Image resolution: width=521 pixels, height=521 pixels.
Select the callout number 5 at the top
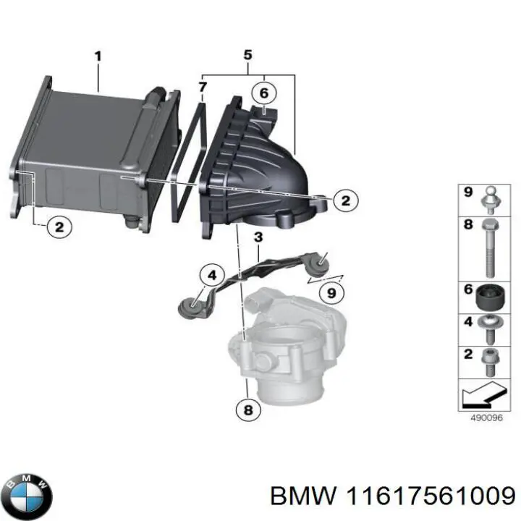(x=247, y=54)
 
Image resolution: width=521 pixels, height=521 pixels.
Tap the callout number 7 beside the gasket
(x=203, y=88)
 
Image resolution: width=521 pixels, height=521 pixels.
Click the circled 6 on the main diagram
(x=264, y=93)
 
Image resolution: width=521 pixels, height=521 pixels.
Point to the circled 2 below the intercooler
(x=59, y=227)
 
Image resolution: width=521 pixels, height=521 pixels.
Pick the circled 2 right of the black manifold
(x=345, y=200)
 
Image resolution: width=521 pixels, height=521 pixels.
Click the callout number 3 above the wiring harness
(x=258, y=237)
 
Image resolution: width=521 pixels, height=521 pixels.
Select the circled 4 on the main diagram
(x=212, y=275)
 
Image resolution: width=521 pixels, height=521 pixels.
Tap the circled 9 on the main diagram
(x=331, y=293)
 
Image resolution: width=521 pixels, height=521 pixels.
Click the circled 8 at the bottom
(x=248, y=410)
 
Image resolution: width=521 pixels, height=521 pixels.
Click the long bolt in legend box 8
(x=490, y=245)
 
